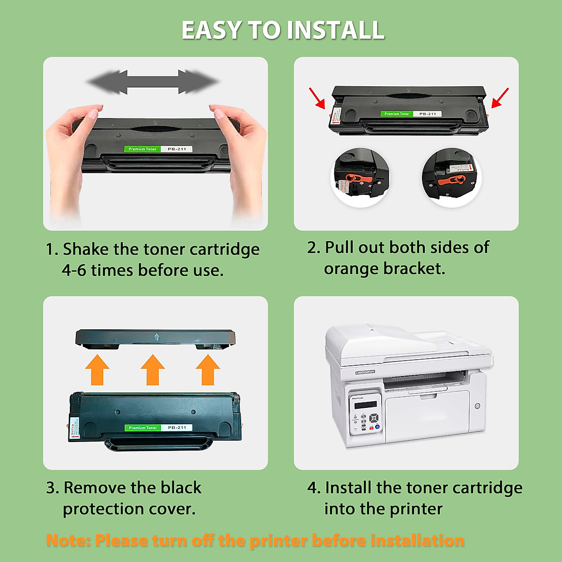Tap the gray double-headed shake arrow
click(x=153, y=82)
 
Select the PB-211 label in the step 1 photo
click(x=177, y=149)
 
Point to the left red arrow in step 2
click(x=317, y=98)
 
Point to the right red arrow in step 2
click(x=500, y=98)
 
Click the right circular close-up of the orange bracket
click(x=451, y=178)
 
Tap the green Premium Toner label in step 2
click(x=397, y=114)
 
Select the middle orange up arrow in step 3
click(x=153, y=370)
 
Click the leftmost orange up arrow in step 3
click(x=97, y=370)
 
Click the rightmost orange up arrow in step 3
click(x=207, y=370)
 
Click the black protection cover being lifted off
click(x=155, y=337)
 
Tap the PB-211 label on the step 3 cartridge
click(x=177, y=428)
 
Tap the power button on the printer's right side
click(x=477, y=406)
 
